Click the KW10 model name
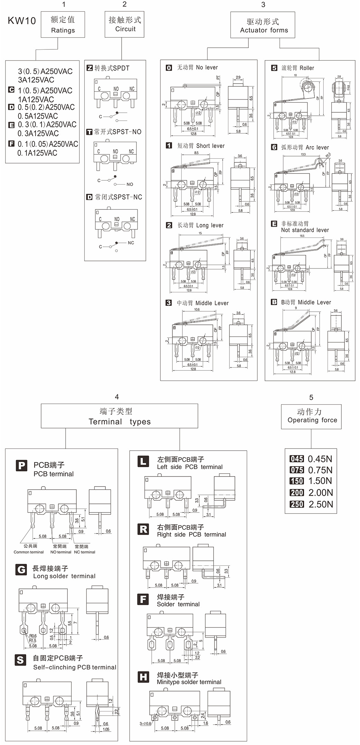coord(22,21)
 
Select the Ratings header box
coord(63,25)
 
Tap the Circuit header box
coord(124,24)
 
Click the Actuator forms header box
coord(263,25)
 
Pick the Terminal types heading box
coord(120,416)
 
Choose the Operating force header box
coord(311,416)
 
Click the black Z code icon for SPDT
coord(89,68)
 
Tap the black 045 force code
coord(296,459)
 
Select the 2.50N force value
coord(321,504)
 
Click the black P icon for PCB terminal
coord(21,465)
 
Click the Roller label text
coord(307,68)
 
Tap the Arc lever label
coord(317,148)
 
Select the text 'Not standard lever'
coord(305,230)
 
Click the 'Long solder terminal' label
coord(64,576)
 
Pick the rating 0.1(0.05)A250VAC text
coord(48,144)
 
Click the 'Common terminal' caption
coord(29,552)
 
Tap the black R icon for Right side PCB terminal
coord(143,529)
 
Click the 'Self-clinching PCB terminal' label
coord(75,667)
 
